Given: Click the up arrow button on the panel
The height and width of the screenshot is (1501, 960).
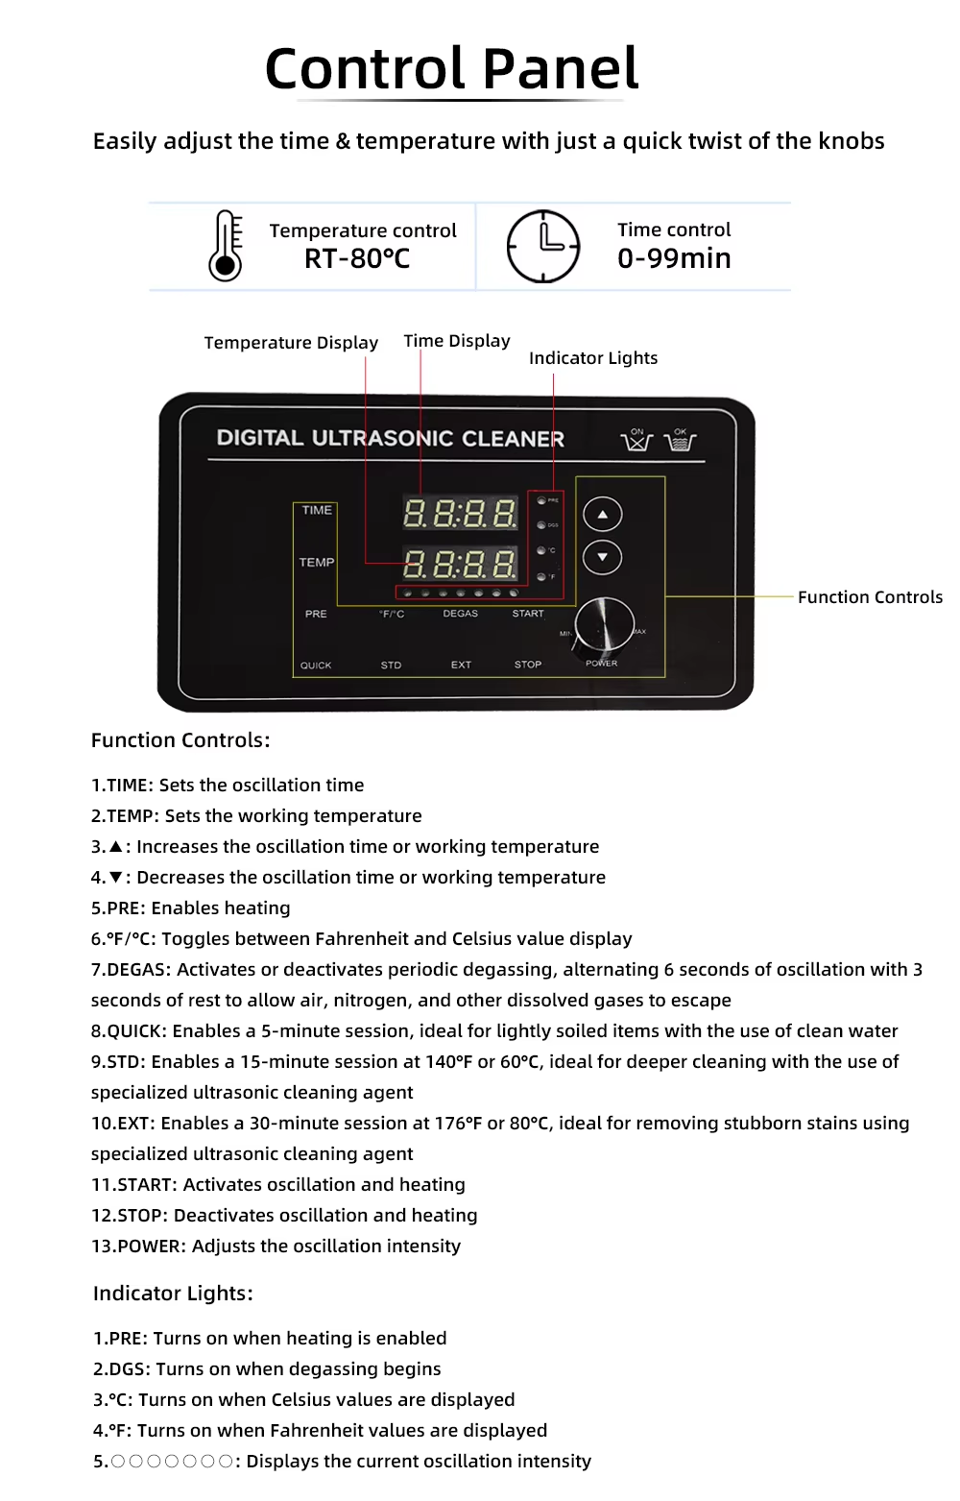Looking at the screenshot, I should tap(603, 515).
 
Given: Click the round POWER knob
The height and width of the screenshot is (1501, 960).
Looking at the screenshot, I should tap(605, 624).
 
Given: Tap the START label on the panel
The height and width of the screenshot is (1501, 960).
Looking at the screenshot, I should tap(528, 614).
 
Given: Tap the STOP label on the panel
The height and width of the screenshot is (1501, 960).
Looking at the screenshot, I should tap(528, 665).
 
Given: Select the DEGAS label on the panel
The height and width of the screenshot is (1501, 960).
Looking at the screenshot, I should tap(461, 614).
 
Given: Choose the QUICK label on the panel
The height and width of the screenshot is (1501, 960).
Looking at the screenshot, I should tap(316, 666).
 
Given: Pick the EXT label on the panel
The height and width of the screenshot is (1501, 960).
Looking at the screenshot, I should tap(461, 665).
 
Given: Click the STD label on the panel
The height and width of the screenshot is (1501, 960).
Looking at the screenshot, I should tap(391, 665).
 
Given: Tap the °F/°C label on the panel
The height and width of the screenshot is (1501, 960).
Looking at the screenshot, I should tap(392, 614).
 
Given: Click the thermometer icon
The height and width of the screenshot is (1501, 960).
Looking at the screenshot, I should tap(226, 246).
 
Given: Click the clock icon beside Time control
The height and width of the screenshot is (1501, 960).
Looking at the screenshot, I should tap(543, 247).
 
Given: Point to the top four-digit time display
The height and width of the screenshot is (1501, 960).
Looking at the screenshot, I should tap(460, 514).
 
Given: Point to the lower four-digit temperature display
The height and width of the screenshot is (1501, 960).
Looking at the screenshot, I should tap(460, 564).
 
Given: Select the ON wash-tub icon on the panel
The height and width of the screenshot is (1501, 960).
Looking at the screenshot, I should tap(636, 440).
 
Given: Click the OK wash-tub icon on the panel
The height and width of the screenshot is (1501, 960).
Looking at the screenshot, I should tap(681, 440).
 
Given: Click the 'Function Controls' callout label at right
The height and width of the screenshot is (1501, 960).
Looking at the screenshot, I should tap(870, 597).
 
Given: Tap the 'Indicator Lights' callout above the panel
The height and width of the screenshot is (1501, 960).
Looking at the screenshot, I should tap(593, 358).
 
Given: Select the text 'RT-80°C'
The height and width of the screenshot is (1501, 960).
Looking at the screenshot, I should tap(357, 259).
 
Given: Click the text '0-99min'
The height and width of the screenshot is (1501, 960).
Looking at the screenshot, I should tap(674, 259).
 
